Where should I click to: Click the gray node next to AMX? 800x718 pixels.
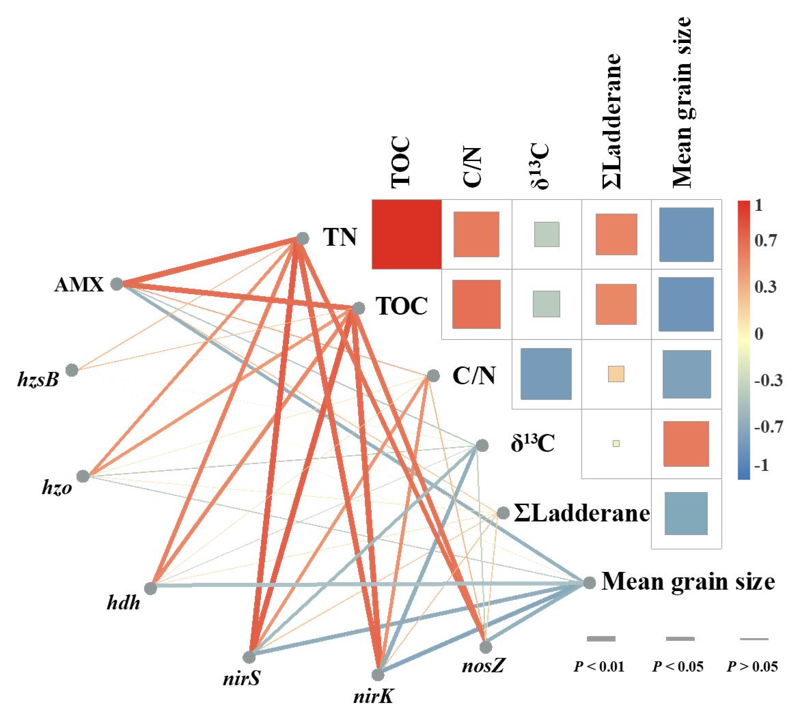coord(116,283)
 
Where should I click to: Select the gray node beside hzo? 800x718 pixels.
coord(83,476)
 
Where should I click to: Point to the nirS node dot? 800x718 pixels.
coord(249,657)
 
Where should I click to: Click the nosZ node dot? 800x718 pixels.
coord(486,646)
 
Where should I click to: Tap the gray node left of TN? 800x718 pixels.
coord(301,238)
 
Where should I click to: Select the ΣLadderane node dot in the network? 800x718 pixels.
coord(503,513)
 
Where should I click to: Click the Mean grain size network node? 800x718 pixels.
coord(589,583)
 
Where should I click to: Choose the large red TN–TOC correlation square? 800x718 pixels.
coord(406,234)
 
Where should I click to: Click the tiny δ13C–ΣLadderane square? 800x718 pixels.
coord(616,444)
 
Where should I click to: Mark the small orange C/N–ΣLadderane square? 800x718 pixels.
coord(616,374)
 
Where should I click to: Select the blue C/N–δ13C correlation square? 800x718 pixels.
coord(545,374)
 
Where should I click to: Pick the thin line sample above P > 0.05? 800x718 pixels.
coord(754,639)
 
